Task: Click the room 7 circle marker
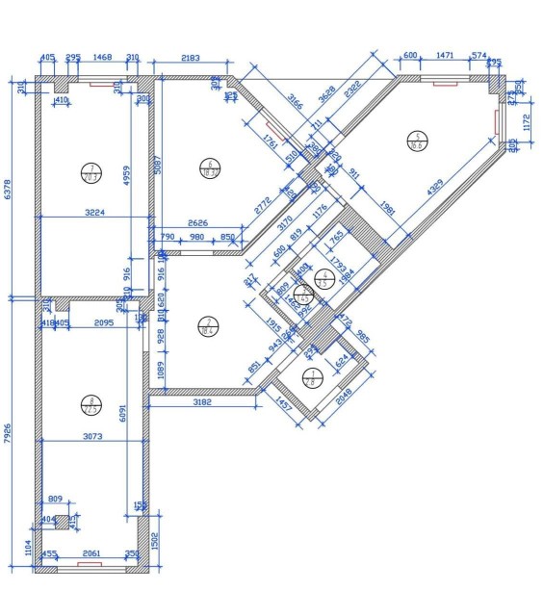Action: pyautogui.click(x=91, y=172)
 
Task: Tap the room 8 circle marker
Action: pyautogui.click(x=91, y=404)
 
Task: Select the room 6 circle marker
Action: pyautogui.click(x=209, y=167)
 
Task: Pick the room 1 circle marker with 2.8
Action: pyautogui.click(x=310, y=377)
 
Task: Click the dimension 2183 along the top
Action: pyautogui.click(x=191, y=59)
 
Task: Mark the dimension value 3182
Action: pyautogui.click(x=201, y=400)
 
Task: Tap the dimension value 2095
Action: pyautogui.click(x=99, y=323)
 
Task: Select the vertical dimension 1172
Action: pyautogui.click(x=527, y=121)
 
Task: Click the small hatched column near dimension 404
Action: pyautogui.click(x=63, y=522)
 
